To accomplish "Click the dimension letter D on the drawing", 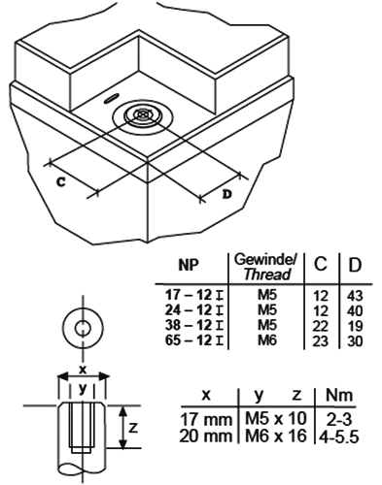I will tap(227, 194).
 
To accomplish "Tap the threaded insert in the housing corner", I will tap(143, 115).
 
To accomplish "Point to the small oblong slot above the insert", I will tap(113, 98).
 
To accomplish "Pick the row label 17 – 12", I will tap(190, 293).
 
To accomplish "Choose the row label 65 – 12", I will tap(190, 339).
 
